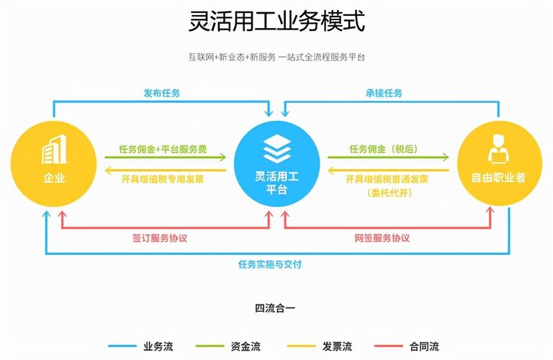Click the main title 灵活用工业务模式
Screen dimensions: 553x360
[x=276, y=21]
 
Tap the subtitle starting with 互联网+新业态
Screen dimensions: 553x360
[x=276, y=57]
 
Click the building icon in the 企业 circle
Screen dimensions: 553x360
[x=54, y=149]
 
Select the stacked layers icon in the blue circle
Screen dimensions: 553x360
[x=276, y=149]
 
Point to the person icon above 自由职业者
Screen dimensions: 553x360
[x=498, y=149]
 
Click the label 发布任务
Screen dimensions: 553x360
[x=161, y=93]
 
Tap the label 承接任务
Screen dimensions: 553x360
[x=384, y=93]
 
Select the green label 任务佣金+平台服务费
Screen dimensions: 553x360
[x=163, y=149]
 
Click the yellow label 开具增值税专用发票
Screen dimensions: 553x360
[x=163, y=179]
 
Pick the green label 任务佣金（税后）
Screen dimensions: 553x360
[x=384, y=149]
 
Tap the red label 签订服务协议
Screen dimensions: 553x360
[x=159, y=238]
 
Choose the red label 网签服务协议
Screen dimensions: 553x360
[x=382, y=238]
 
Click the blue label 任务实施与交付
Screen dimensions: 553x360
[x=270, y=264]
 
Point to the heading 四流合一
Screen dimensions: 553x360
[x=275, y=308]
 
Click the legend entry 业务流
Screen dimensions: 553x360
[x=158, y=346]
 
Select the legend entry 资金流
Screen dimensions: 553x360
[x=246, y=346]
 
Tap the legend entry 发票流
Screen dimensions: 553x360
[x=337, y=346]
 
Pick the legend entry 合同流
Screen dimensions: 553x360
[x=424, y=346]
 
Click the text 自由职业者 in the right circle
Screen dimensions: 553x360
[x=499, y=177]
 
